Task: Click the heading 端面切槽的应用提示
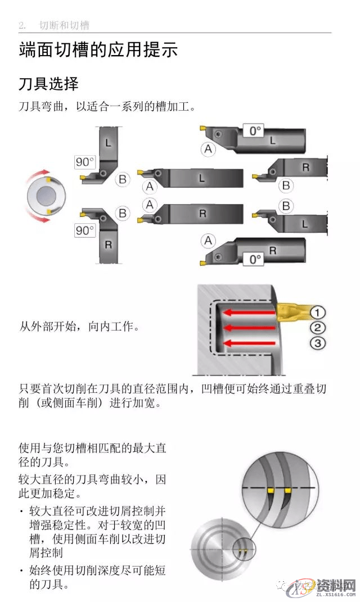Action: click(98, 50)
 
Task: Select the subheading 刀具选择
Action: click(48, 84)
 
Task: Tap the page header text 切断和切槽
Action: click(64, 26)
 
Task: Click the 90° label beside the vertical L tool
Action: click(84, 162)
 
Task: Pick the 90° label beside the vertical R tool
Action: click(84, 230)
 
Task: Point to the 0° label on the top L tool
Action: click(255, 131)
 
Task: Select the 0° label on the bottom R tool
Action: click(255, 259)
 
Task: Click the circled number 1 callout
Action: click(318, 313)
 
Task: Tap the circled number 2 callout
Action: click(318, 328)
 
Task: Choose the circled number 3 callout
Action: click(318, 343)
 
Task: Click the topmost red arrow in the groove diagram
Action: click(248, 313)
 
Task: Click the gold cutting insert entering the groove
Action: click(290, 311)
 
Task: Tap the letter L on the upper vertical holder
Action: click(109, 144)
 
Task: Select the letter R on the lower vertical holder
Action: click(109, 245)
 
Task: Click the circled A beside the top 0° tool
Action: click(209, 149)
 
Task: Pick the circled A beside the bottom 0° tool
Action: click(209, 241)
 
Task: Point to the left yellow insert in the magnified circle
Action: click(271, 491)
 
